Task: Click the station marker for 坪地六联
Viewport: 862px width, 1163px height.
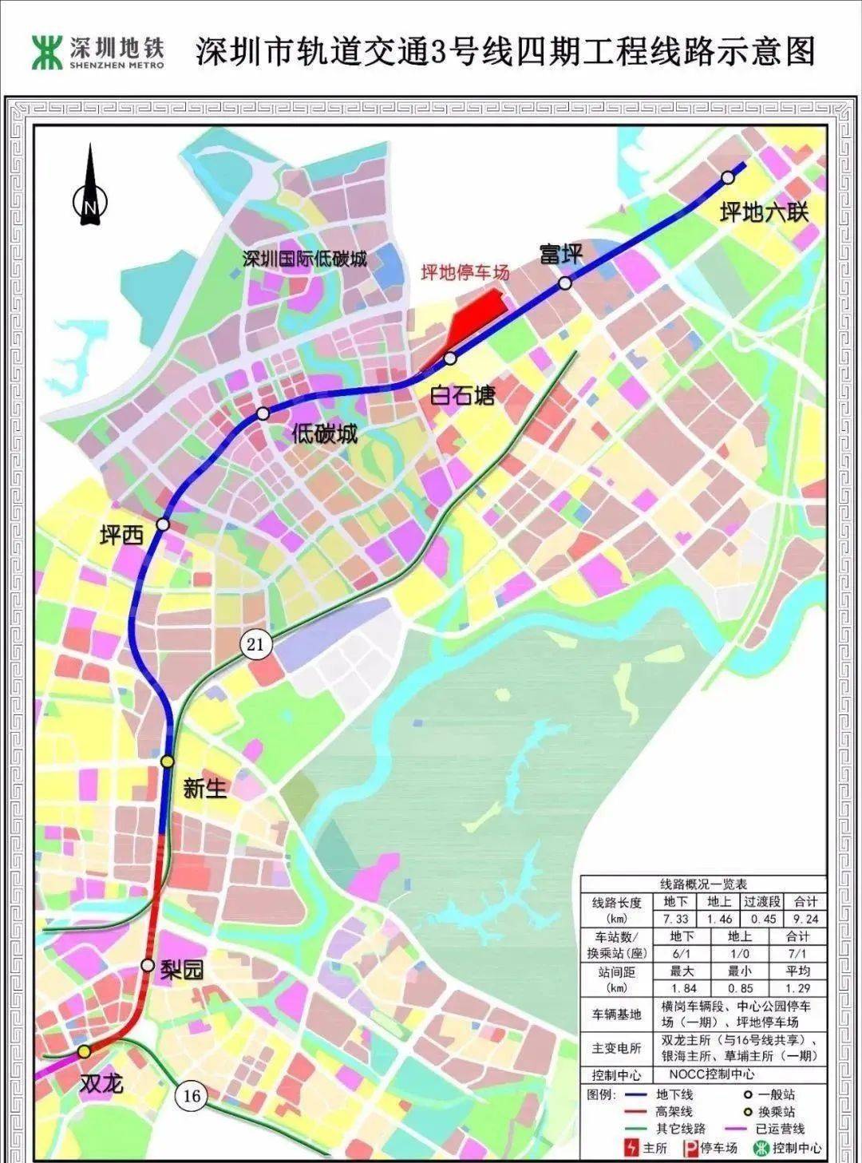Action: (727, 177)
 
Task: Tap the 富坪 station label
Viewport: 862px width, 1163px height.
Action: (561, 254)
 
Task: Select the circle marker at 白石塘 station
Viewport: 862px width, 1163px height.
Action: (450, 358)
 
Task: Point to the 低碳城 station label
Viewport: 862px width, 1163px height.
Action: (324, 434)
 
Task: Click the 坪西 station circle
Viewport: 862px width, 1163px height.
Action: (163, 524)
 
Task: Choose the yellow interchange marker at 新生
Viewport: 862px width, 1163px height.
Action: (167, 761)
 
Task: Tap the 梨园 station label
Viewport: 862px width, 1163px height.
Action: (183, 969)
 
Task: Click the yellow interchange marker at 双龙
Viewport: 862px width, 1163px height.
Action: (84, 1052)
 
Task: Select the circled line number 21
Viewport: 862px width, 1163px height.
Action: (255, 643)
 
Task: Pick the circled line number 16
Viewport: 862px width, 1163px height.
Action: (192, 1095)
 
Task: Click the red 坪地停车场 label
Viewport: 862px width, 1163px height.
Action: (465, 273)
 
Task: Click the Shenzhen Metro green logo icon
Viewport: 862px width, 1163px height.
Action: (46, 52)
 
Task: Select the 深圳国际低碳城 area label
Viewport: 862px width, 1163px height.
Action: (305, 259)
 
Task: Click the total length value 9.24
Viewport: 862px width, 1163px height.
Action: (806, 919)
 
